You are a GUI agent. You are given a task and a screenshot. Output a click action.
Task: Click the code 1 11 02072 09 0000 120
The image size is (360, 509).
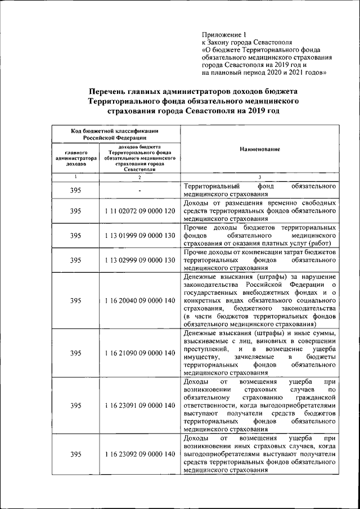click(x=139, y=211)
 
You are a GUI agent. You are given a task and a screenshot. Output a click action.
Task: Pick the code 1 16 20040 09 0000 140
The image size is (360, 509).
click(x=139, y=301)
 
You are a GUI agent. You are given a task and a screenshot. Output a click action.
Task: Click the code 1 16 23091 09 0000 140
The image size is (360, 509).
click(x=139, y=405)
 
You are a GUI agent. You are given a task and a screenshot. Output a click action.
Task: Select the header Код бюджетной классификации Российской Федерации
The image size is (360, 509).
click(x=115, y=133)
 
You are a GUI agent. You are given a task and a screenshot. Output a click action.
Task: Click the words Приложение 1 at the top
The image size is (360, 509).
click(x=224, y=34)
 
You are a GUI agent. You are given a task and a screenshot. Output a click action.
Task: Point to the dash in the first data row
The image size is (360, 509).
click(x=139, y=191)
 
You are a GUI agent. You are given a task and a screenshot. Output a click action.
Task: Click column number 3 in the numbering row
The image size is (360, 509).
click(x=259, y=177)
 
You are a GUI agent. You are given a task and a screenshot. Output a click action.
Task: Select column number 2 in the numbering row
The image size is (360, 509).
click(x=139, y=177)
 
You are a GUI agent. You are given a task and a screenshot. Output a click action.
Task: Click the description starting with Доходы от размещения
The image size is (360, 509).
click(x=260, y=210)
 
